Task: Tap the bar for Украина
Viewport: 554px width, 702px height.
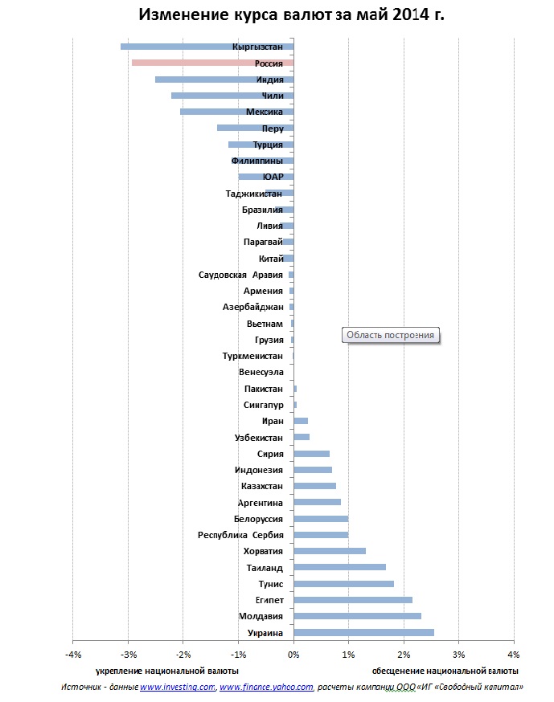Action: (x=363, y=633)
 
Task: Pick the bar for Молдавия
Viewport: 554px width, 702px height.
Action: (x=357, y=616)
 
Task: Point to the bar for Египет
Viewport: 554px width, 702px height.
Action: (x=353, y=600)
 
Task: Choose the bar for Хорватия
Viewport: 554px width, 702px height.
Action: (x=330, y=551)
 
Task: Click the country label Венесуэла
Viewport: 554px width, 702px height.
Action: (x=261, y=372)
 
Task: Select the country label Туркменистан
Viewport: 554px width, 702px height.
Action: (x=252, y=356)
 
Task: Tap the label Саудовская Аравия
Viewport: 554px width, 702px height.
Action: (x=240, y=275)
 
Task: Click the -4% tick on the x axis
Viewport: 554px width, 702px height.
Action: (x=72, y=654)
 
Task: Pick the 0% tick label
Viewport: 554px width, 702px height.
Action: (x=293, y=654)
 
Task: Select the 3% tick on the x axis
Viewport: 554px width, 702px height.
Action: (x=459, y=654)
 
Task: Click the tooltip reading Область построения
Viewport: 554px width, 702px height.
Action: (x=392, y=336)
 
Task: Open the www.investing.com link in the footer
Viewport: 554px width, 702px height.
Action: (x=177, y=687)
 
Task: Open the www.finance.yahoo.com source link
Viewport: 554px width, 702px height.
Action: (x=266, y=687)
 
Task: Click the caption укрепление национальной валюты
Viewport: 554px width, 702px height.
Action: (x=167, y=670)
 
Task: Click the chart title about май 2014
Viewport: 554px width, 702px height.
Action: (x=291, y=15)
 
